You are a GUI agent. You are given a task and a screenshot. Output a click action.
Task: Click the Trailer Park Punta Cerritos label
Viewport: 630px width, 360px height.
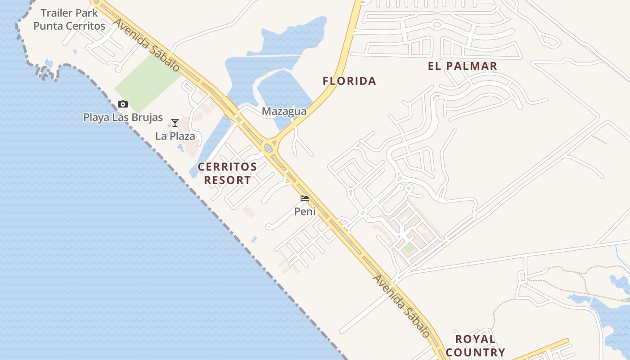(x=69, y=19)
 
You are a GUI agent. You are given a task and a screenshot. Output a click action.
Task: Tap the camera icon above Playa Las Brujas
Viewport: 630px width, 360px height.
(x=122, y=104)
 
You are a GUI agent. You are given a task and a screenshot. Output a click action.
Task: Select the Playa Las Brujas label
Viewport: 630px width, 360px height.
(x=123, y=117)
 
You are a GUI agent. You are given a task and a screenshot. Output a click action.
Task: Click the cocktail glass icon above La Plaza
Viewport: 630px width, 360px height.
(x=175, y=123)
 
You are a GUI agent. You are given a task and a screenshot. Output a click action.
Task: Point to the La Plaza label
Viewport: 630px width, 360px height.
(x=175, y=136)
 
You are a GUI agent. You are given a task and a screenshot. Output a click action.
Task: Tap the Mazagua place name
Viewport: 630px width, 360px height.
(x=284, y=111)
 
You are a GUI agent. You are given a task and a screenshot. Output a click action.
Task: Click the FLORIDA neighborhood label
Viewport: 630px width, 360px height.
(x=349, y=81)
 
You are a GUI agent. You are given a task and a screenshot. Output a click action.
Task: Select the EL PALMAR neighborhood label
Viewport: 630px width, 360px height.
(x=463, y=66)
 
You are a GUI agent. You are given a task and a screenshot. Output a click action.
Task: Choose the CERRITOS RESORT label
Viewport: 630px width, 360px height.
(x=227, y=173)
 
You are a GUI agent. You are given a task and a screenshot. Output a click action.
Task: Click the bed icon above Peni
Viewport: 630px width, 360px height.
(x=305, y=198)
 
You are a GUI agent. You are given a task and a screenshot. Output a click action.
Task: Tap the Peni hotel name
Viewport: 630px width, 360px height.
(x=305, y=211)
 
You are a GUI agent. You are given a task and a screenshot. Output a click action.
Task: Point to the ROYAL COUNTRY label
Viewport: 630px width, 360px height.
(x=475, y=346)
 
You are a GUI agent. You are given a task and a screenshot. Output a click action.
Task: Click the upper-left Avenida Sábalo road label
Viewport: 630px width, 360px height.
(x=146, y=45)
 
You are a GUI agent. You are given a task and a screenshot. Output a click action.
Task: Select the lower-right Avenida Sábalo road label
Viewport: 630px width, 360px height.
(x=401, y=306)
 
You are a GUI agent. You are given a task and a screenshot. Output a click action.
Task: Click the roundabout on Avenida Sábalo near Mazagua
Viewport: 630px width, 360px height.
(x=269, y=147)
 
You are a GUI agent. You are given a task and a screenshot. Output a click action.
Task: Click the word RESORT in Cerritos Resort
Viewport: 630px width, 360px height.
(x=227, y=180)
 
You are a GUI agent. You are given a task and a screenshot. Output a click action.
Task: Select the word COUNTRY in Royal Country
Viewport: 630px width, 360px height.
(x=475, y=352)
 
